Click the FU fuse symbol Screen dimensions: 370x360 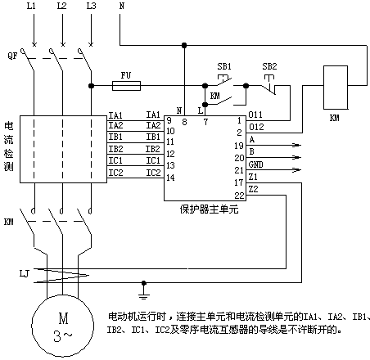pyautogui.click(x=127, y=86)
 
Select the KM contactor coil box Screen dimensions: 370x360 pyautogui.click(x=336, y=88)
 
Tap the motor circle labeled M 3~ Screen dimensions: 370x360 pyautogui.click(x=63, y=326)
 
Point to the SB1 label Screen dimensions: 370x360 pyautogui.click(x=224, y=66)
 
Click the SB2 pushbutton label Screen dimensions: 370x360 pyautogui.click(x=269, y=66)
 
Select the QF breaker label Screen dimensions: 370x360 pyautogui.click(x=13, y=56)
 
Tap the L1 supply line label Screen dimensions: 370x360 pyautogui.click(x=31, y=6)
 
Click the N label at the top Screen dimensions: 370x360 pyautogui.click(x=122, y=6)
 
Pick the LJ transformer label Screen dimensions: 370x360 pyautogui.click(x=25, y=273)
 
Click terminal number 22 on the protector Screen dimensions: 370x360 pyautogui.click(x=239, y=196)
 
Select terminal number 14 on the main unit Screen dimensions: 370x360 pyautogui.click(x=170, y=178)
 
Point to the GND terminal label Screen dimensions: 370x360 pyautogui.click(x=255, y=164)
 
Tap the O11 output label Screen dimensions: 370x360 pyautogui.click(x=255, y=115)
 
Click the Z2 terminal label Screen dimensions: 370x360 pyautogui.click(x=253, y=189)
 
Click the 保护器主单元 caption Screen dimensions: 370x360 pyautogui.click(x=209, y=209)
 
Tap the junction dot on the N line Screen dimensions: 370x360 pyautogui.click(x=184, y=45)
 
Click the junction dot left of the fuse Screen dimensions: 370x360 pyautogui.click(x=91, y=86)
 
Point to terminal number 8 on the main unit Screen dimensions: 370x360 pyautogui.click(x=184, y=122)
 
